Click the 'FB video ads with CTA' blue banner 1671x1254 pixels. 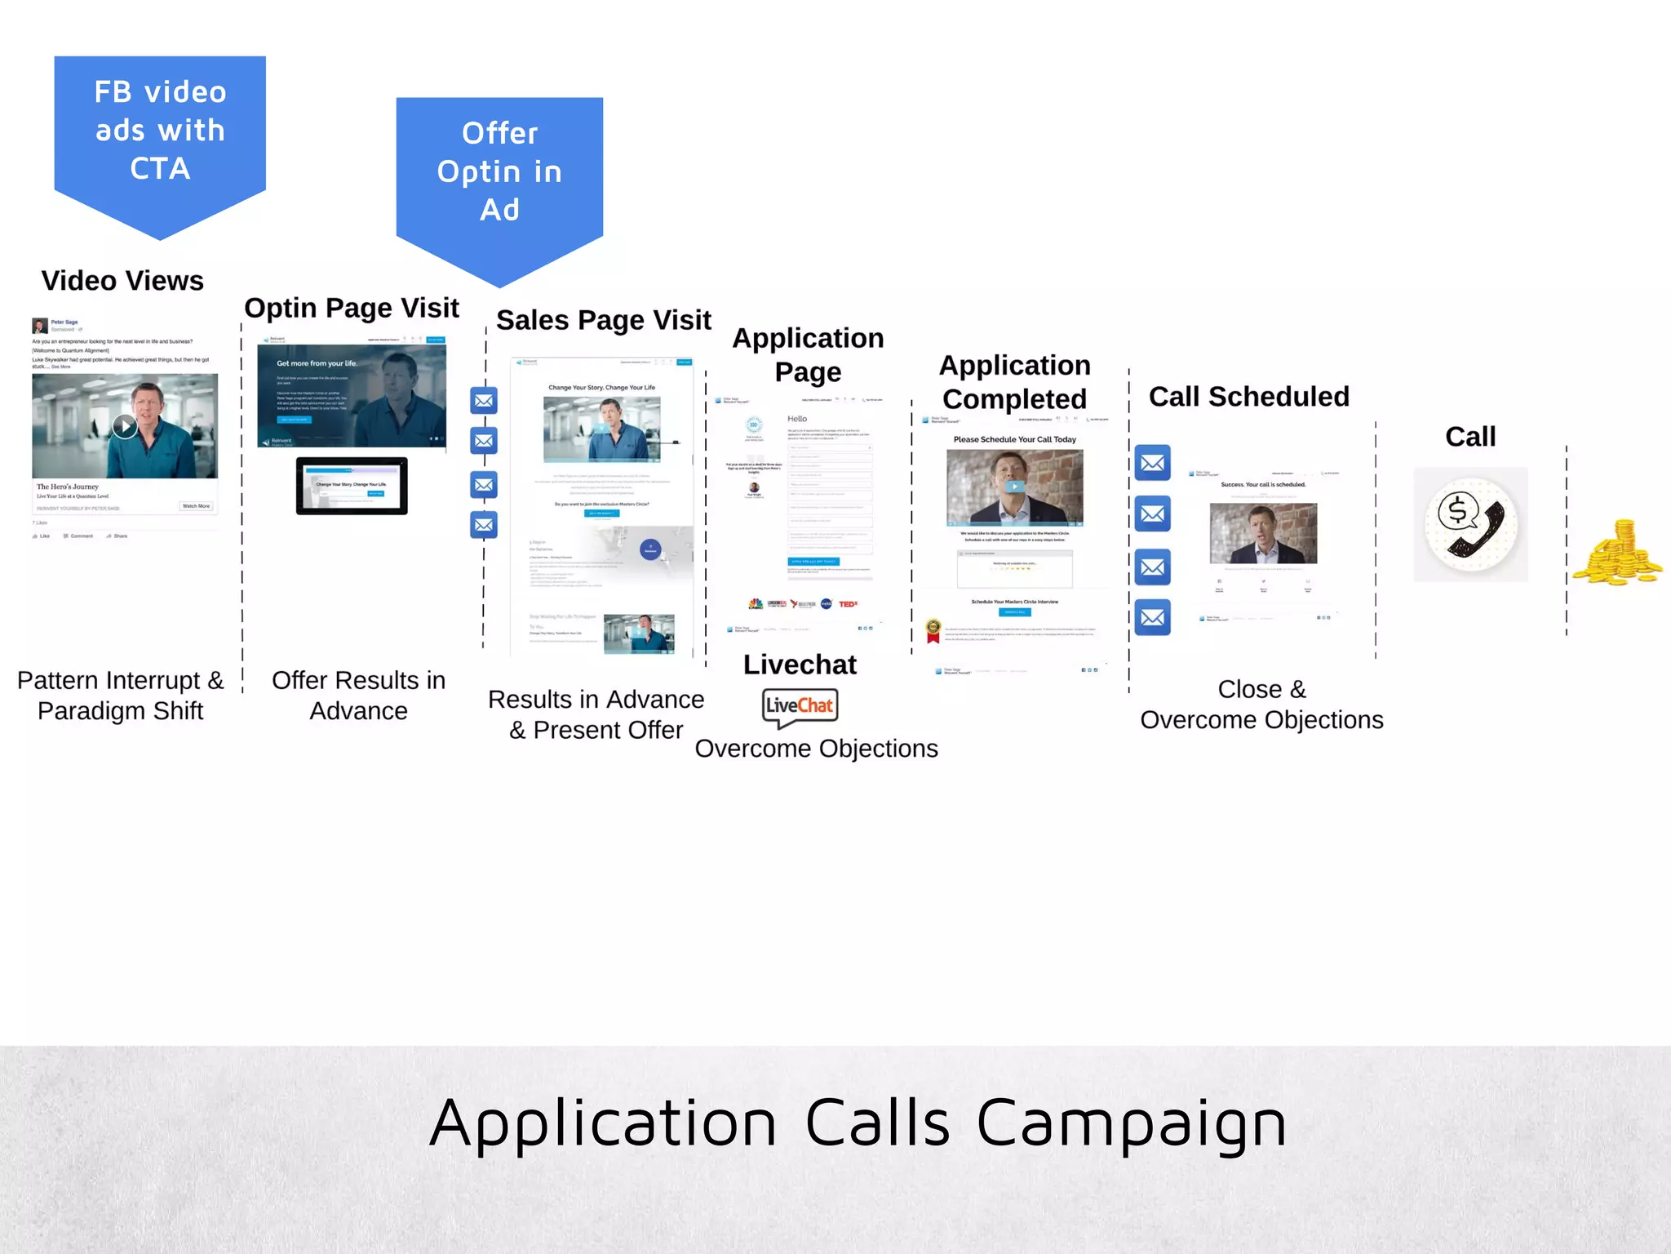[160, 131]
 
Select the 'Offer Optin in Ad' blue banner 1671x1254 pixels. [499, 172]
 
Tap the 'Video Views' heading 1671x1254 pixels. [122, 281]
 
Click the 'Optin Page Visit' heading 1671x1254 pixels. [352, 308]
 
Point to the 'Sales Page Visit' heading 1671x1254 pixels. [604, 320]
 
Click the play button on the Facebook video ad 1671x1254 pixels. [124, 425]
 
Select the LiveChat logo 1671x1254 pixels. [800, 706]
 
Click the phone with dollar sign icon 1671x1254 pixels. [1470, 525]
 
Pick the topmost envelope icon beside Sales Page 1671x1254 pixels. [484, 401]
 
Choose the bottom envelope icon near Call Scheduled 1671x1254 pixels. [1152, 617]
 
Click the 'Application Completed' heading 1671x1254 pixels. [1014, 382]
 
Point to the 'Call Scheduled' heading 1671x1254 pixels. [1248, 397]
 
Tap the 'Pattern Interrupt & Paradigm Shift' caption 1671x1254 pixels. [121, 696]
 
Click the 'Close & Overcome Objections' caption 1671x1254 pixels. [1261, 705]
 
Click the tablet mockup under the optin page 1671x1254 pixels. [352, 486]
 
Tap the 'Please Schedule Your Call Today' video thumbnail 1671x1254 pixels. [1014, 487]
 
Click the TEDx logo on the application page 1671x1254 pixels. [848, 604]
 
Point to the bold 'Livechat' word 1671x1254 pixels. [800, 665]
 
